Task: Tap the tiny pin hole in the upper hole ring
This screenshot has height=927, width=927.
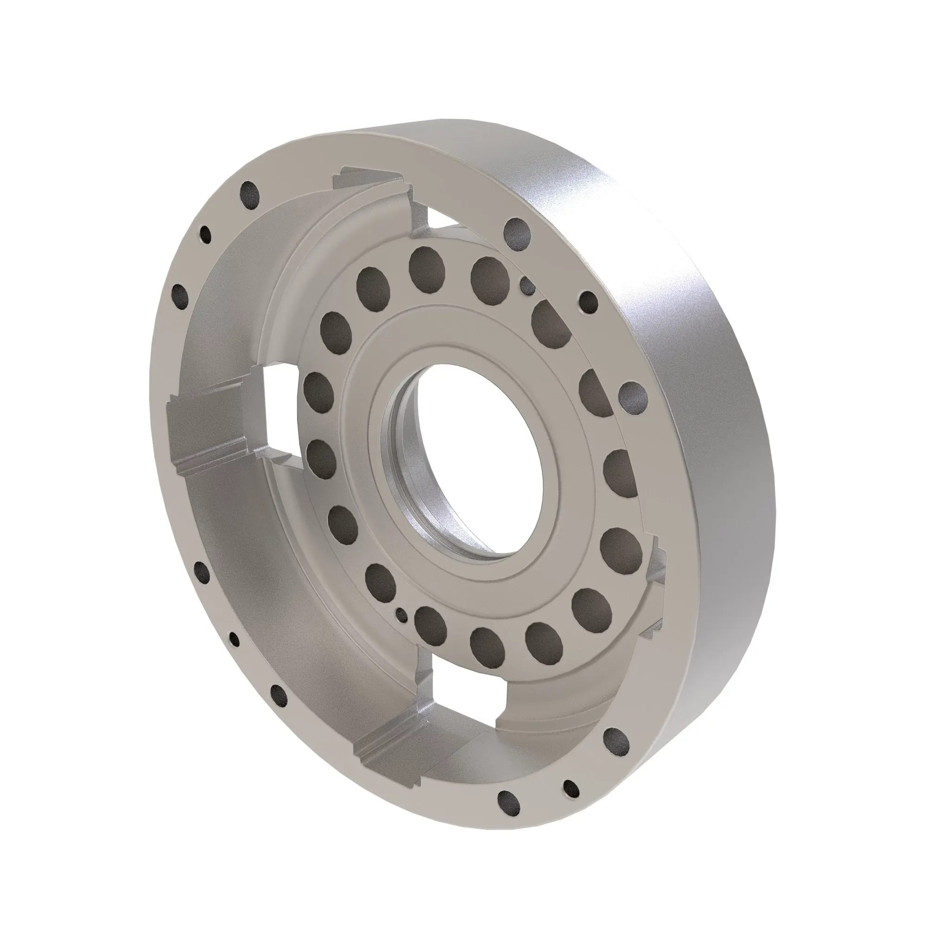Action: click(528, 286)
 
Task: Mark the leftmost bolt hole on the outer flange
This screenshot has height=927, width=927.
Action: click(179, 292)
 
